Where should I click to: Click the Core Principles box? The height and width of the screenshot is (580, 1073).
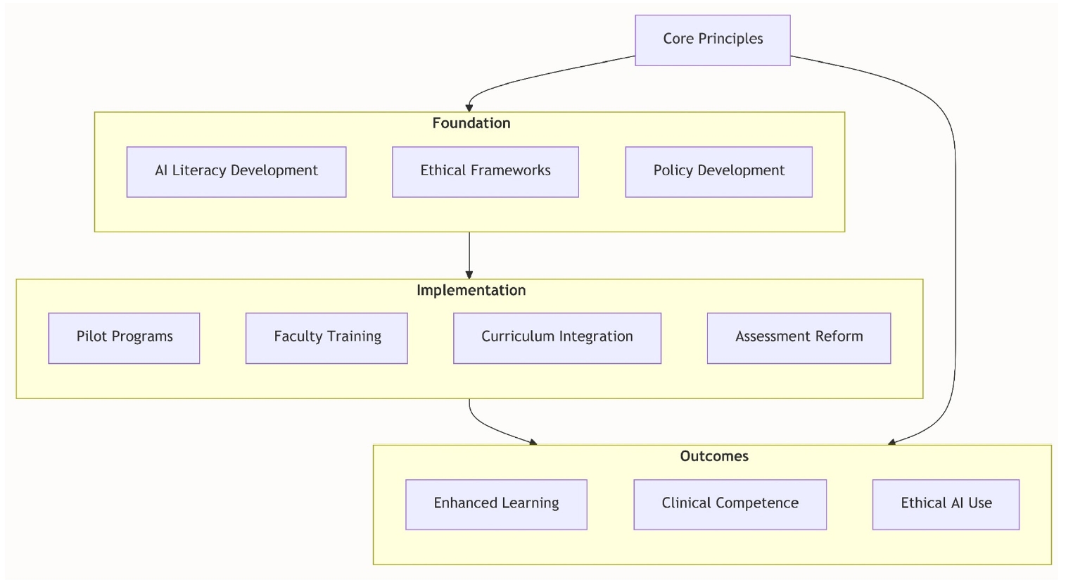[x=712, y=40]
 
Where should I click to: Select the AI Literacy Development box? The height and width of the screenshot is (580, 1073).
[x=236, y=172]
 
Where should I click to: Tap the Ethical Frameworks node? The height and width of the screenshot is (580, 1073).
[x=485, y=172]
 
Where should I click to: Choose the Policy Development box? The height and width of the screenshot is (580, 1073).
[x=718, y=172]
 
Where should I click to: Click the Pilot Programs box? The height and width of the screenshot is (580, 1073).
[x=124, y=338]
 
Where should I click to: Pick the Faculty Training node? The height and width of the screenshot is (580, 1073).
[x=326, y=338]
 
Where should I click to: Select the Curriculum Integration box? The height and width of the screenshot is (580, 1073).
[x=557, y=338]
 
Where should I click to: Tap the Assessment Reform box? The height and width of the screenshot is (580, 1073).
[x=799, y=338]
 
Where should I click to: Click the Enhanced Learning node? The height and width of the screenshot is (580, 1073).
[x=496, y=504]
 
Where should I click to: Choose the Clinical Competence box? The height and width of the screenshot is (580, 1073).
[x=730, y=504]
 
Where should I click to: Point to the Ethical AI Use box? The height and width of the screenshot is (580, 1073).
[x=946, y=504]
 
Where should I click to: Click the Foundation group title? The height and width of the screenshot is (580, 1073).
[x=471, y=123]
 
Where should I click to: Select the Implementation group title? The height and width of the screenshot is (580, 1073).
[x=471, y=290]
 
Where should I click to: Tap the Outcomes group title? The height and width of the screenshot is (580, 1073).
[x=713, y=456]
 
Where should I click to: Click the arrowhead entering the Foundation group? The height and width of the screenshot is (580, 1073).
[x=469, y=108]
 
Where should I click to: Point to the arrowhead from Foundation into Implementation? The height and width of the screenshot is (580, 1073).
[x=469, y=275]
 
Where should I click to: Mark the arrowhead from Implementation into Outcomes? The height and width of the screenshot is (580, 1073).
[x=533, y=442]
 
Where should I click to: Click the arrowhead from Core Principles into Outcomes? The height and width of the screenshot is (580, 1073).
[x=892, y=442]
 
